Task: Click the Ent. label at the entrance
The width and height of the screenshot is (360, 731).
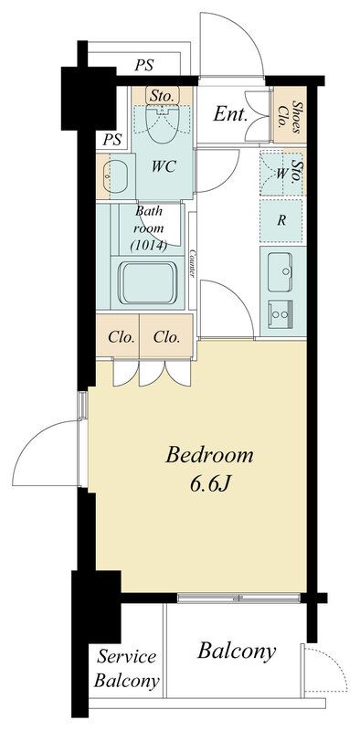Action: coord(231,114)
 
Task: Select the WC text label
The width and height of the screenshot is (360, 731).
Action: coord(164,167)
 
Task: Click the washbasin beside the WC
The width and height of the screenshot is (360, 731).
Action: coord(117,174)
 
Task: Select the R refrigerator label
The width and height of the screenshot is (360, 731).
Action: coord(282,220)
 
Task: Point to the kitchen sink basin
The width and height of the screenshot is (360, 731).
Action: coord(281,270)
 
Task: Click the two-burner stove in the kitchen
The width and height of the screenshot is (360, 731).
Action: coord(281,313)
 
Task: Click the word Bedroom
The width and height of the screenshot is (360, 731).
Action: coord(209,454)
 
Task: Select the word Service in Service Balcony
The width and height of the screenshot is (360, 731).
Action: coord(128,657)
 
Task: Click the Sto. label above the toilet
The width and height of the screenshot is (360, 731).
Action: coord(164,95)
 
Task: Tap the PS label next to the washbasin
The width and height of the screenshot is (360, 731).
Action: coord(111,140)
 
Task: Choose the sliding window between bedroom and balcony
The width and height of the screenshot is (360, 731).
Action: coord(240,598)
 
